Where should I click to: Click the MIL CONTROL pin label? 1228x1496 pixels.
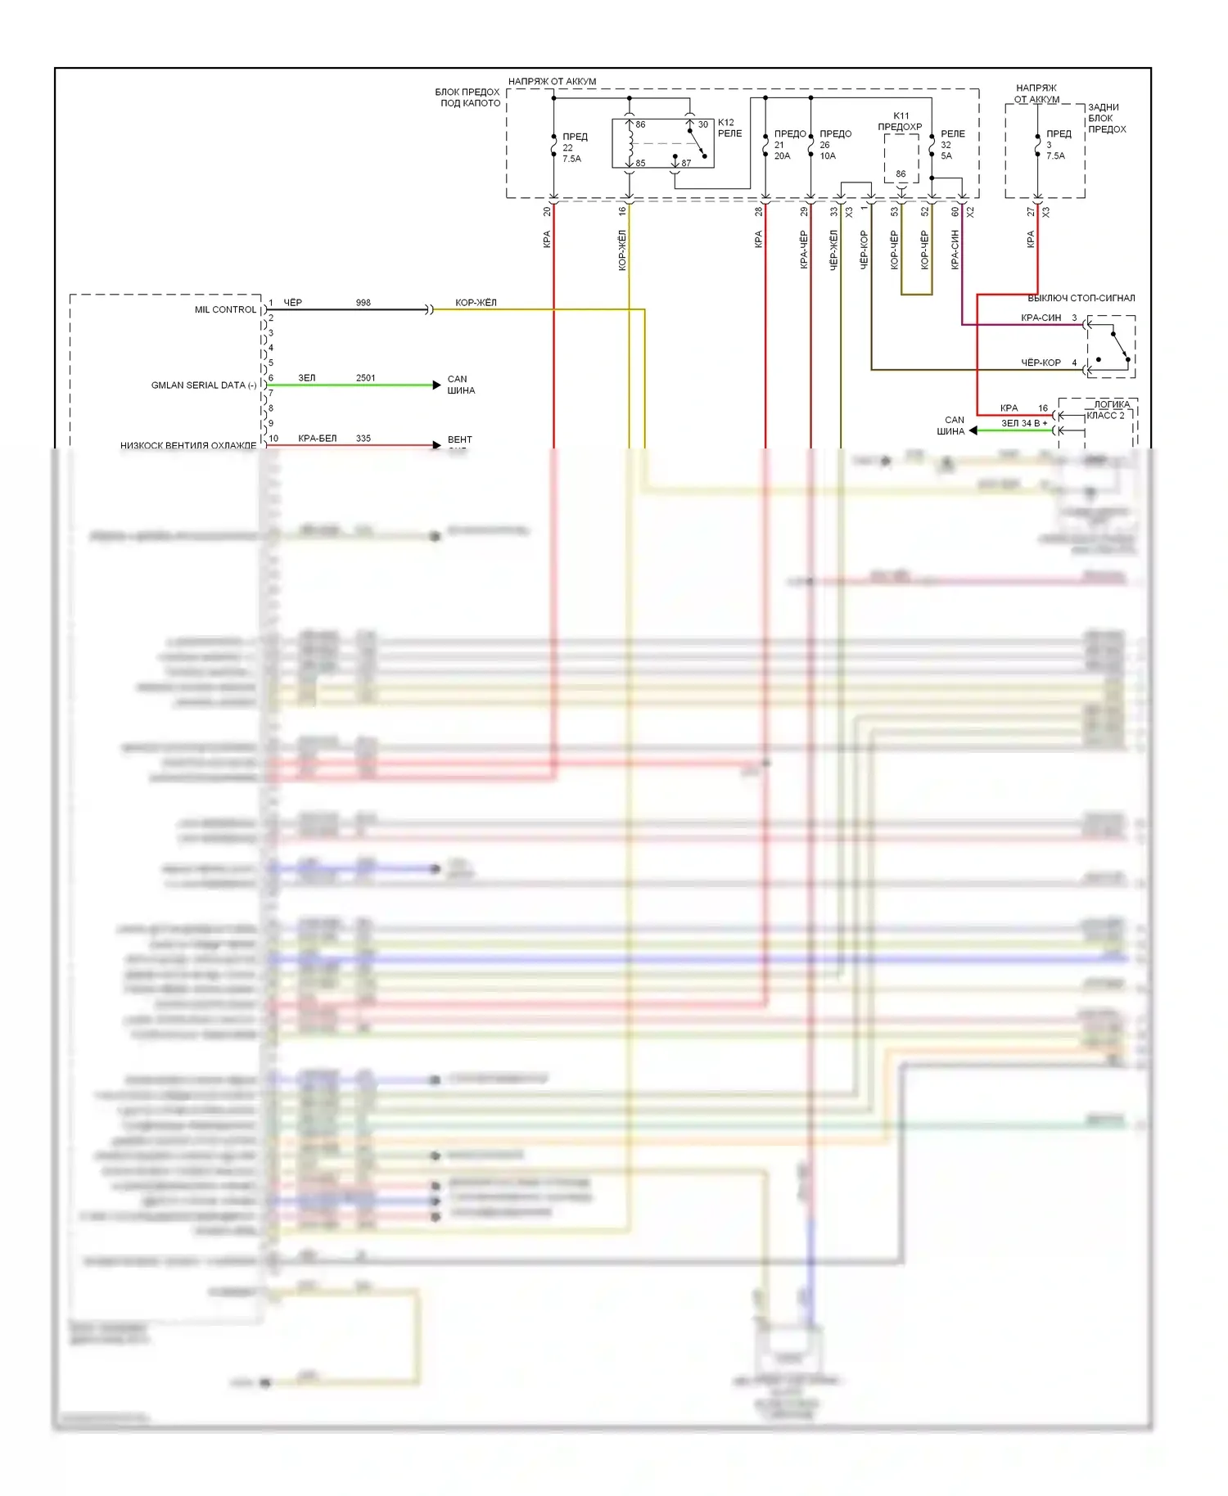[x=225, y=310]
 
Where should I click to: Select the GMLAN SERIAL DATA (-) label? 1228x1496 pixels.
[x=203, y=385]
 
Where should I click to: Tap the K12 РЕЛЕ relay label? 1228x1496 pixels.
[x=729, y=128]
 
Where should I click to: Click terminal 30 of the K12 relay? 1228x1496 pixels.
[x=702, y=125]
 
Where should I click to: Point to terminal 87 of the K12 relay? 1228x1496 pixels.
[x=686, y=163]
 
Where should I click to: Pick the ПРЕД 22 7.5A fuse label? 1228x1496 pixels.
[x=574, y=147]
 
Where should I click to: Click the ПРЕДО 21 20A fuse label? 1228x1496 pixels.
[x=789, y=145]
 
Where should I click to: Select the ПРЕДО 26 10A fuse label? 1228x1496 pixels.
[x=835, y=145]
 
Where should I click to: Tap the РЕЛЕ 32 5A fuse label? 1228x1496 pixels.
[x=952, y=145]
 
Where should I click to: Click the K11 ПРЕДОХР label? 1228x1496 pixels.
[x=900, y=121]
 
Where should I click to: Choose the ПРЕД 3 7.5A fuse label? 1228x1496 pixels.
[x=1058, y=145]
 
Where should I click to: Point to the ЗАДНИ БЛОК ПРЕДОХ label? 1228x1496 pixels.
[x=1107, y=119]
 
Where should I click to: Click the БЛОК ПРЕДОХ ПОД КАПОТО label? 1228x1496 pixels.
[x=467, y=97]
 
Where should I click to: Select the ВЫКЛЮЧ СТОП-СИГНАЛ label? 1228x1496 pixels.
[x=1081, y=298]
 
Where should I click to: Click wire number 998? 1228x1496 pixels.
[x=363, y=303]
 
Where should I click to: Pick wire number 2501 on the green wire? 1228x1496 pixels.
[x=365, y=378]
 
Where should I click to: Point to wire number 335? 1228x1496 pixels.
[x=363, y=439]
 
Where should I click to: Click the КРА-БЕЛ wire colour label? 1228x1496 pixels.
[x=317, y=439]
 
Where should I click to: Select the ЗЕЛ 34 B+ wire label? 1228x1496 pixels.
[x=1023, y=424]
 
